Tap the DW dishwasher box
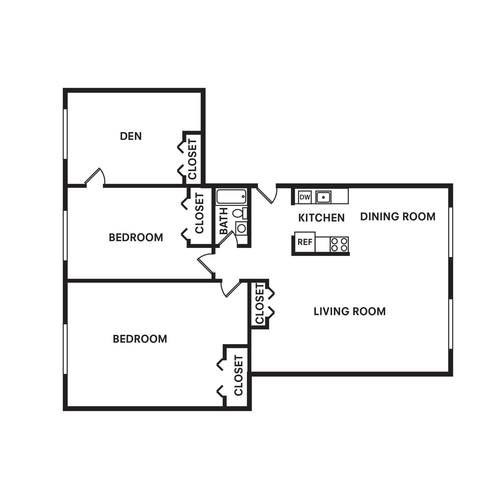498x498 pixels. pos(305,197)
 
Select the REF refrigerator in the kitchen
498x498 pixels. pos(305,242)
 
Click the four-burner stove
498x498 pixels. pos(339,244)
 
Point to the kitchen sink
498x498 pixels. pos(323,197)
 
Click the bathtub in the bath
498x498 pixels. pos(231,197)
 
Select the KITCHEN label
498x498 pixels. pos(321,218)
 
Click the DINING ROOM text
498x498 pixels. pos(398,216)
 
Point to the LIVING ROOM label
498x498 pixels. pos(349,311)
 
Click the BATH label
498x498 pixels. pos(224,221)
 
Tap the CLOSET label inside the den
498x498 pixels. pos(193,159)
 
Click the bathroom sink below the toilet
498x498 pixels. pos(241,228)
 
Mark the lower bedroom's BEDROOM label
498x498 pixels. pos(140,339)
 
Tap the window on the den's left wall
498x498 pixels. pos(65,134)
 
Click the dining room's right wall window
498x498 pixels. pos(451,232)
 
